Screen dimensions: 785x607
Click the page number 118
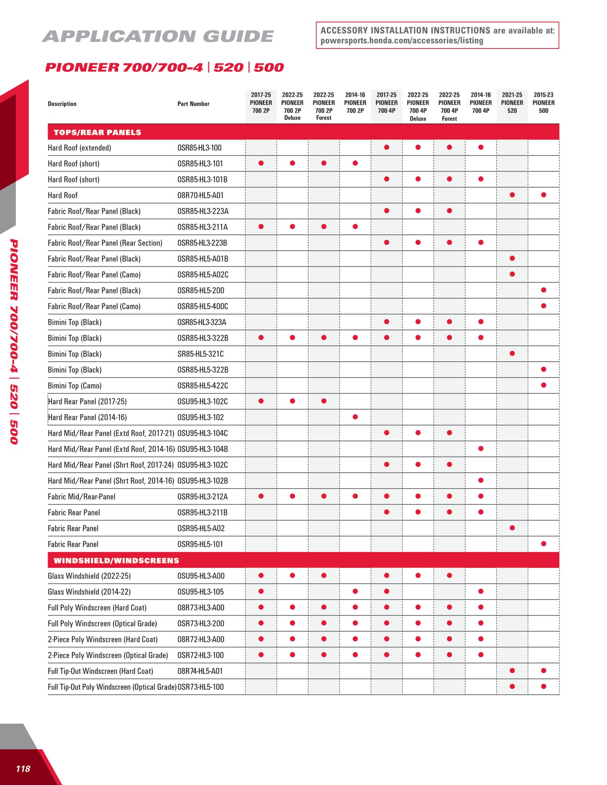pos(23,769)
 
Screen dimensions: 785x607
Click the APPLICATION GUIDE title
pos(158,37)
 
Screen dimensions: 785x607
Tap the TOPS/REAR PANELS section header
pos(97,132)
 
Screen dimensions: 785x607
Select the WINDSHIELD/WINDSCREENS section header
pos(116,561)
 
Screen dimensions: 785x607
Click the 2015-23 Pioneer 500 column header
pos(544,103)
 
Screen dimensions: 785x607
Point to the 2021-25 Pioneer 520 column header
pos(512,103)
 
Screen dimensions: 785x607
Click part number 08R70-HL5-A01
pos(200,195)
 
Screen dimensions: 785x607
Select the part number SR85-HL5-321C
pos(200,354)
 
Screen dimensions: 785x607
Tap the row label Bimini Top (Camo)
pos(74,386)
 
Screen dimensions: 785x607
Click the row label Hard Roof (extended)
pos(79,148)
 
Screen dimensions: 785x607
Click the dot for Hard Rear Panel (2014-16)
pos(355,417)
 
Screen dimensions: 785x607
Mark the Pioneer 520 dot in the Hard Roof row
pos(512,195)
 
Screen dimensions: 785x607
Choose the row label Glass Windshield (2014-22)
pos(81,592)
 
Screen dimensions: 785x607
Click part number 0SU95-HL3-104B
pos(203,449)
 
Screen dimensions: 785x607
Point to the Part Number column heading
pos(193,104)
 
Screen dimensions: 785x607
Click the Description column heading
pos(62,104)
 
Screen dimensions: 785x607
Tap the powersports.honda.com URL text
pos(402,41)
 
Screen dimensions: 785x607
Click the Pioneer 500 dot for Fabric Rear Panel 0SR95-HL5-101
pos(544,544)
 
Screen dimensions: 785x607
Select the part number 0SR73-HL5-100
pos(201,687)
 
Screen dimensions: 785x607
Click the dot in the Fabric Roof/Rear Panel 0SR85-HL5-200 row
pos(544,290)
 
